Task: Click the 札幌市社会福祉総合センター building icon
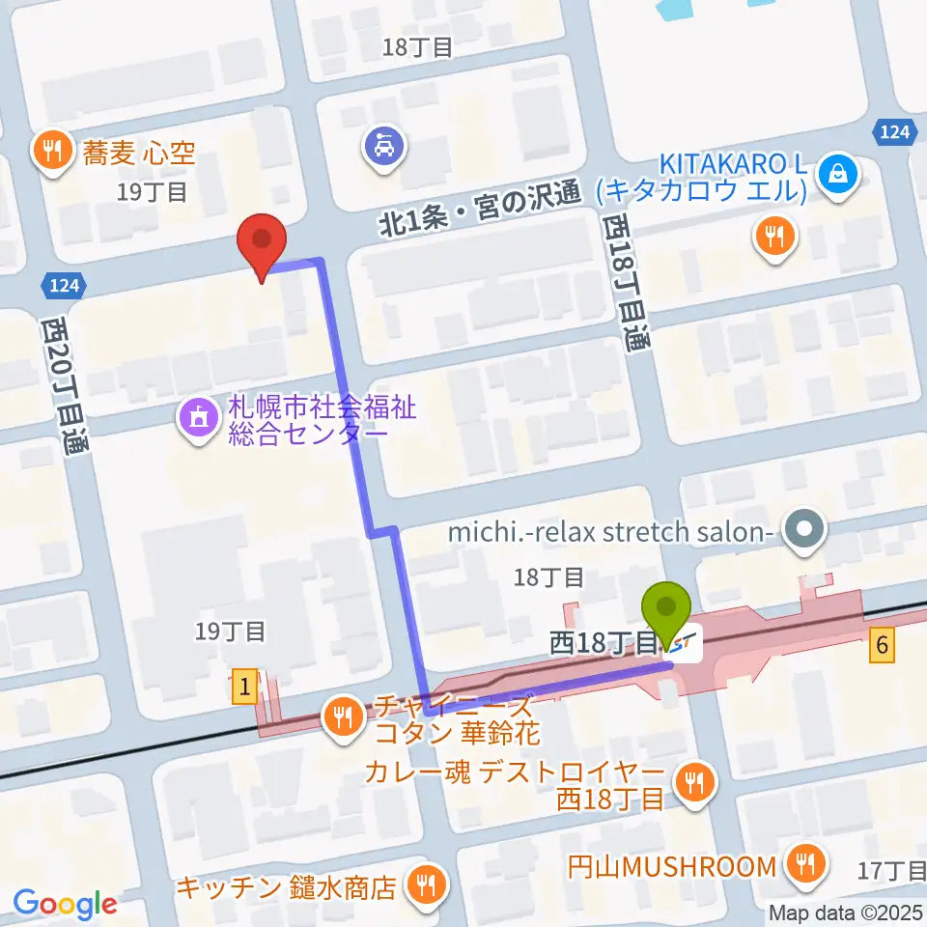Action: (198, 419)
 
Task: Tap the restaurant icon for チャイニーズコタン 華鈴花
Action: (343, 716)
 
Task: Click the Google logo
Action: (65, 904)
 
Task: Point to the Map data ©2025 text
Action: (847, 912)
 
